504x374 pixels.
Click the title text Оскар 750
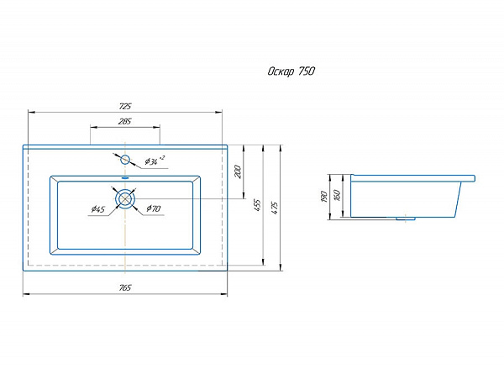(x=291, y=71)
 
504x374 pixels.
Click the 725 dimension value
(x=125, y=106)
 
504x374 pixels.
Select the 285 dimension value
(x=124, y=122)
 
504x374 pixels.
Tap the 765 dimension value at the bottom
(x=125, y=287)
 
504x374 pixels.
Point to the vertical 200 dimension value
(x=238, y=171)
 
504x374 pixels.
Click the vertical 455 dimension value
(x=258, y=205)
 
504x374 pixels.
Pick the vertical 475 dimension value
(x=274, y=208)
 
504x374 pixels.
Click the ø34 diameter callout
(x=155, y=161)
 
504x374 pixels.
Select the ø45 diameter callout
(x=98, y=209)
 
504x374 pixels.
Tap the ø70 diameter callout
(x=154, y=208)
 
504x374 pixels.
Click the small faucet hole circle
(x=124, y=160)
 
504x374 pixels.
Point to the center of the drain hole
(x=125, y=198)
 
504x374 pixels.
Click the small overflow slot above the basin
(x=125, y=177)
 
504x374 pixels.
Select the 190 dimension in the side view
(x=324, y=197)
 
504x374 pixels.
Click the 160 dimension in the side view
(x=337, y=195)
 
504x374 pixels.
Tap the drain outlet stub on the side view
(x=406, y=219)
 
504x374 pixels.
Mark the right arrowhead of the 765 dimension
(x=224, y=294)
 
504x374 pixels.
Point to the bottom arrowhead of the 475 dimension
(x=281, y=267)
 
